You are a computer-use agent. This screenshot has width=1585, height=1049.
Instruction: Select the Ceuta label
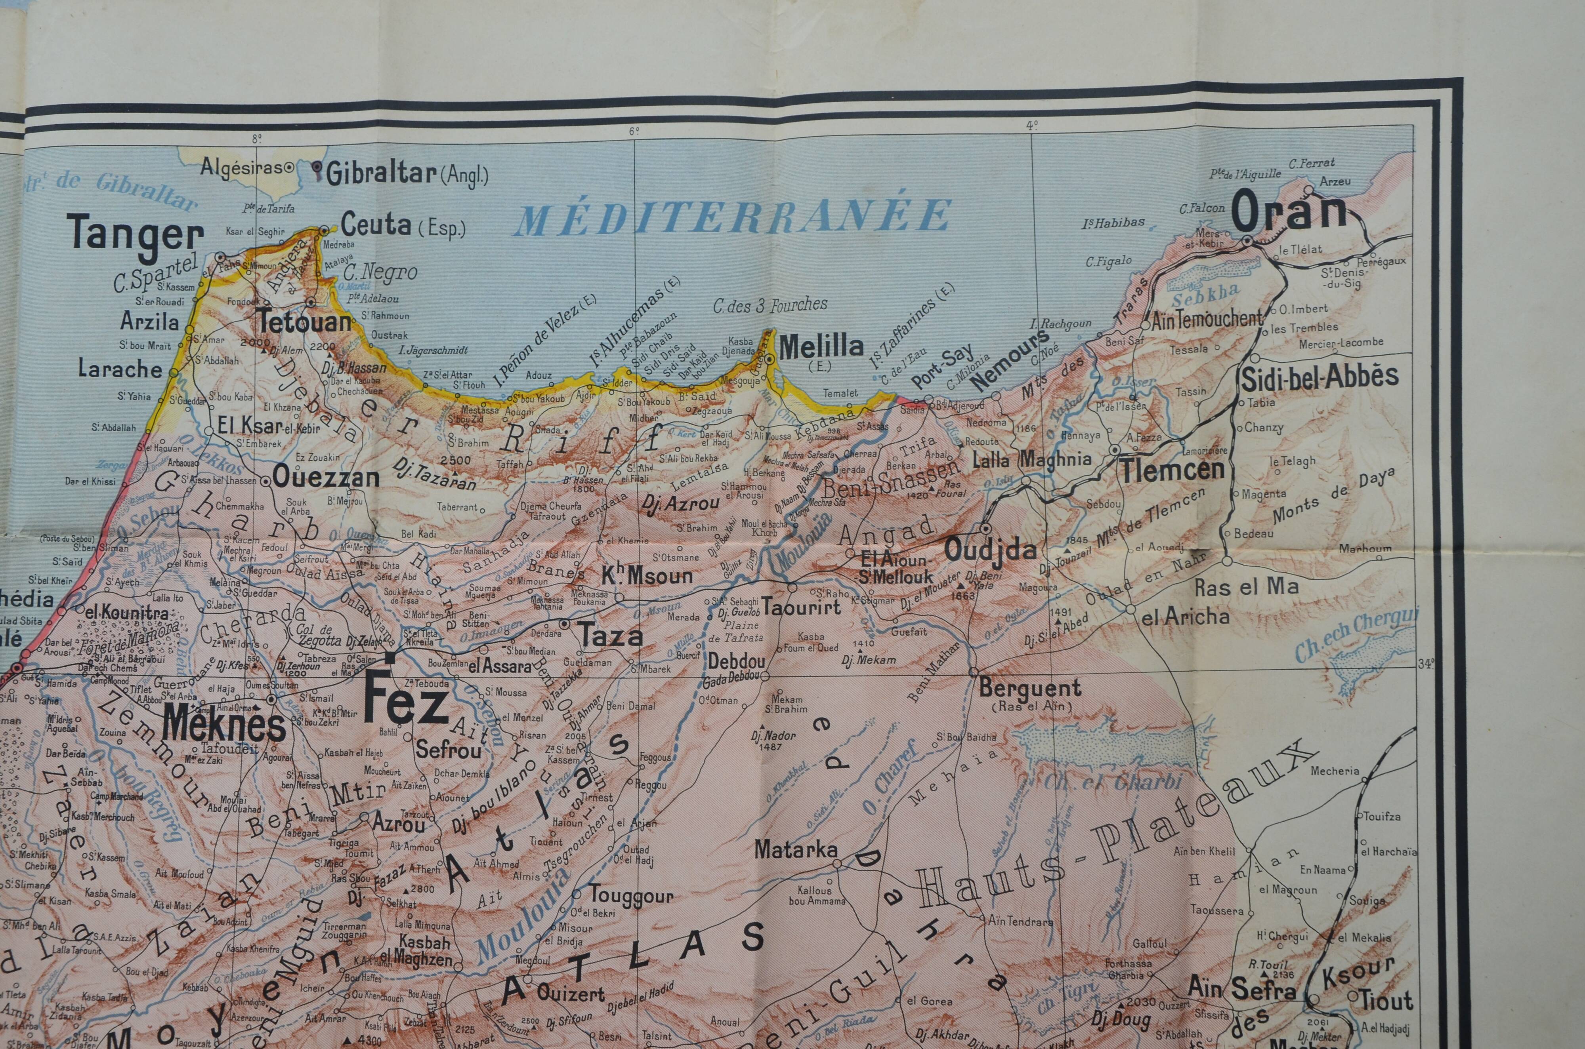tap(376, 225)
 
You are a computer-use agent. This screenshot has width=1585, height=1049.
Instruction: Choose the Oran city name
tap(1289, 212)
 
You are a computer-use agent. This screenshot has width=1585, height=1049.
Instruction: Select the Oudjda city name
tap(990, 550)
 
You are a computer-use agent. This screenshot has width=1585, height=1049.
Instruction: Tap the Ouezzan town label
tap(326, 478)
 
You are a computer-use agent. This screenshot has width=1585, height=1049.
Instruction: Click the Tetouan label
tap(305, 322)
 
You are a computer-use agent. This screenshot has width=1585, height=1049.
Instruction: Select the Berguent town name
tap(1029, 687)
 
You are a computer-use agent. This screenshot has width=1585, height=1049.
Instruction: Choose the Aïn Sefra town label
tap(1241, 989)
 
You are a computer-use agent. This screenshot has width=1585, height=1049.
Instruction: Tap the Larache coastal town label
tap(120, 369)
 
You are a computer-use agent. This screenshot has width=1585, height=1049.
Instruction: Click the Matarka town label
tap(796, 850)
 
